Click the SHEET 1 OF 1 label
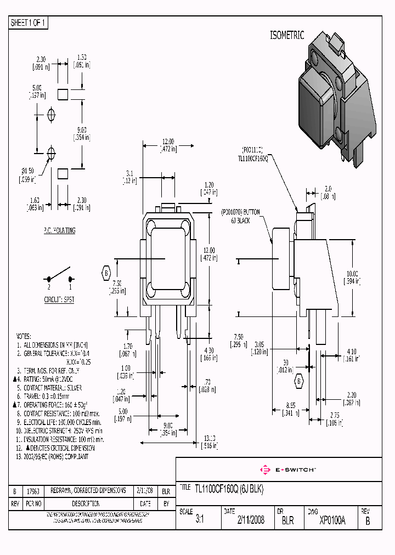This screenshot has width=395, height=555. [29, 23]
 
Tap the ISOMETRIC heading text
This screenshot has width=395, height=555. [286, 35]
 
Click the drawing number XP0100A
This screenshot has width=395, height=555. [332, 520]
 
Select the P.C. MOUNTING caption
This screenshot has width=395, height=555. [59, 231]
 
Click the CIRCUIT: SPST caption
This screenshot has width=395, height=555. [59, 299]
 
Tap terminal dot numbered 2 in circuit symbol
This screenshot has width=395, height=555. [48, 279]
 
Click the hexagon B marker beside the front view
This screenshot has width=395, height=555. [106, 272]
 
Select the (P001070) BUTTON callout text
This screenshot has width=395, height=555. [240, 212]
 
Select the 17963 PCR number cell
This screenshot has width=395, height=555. [34, 490]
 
